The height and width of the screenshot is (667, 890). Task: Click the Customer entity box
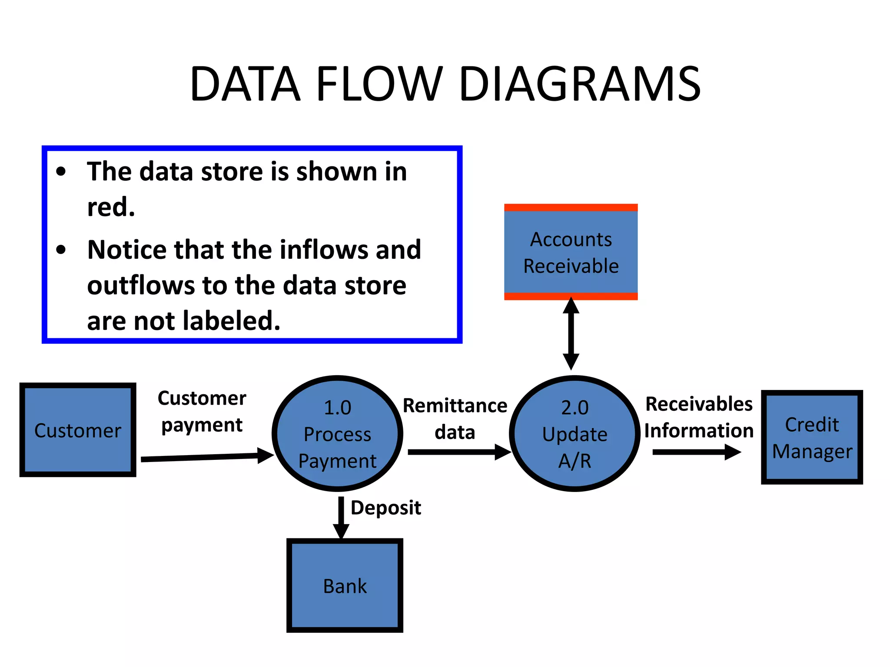(x=78, y=430)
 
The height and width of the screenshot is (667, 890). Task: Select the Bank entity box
(x=345, y=585)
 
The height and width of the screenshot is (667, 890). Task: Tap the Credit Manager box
(x=812, y=437)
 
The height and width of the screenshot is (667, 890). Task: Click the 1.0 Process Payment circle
(x=337, y=433)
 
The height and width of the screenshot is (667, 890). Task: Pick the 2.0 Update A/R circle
(x=575, y=433)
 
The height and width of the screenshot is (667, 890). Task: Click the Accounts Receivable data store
(x=571, y=252)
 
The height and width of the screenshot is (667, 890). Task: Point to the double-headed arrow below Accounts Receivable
(x=571, y=333)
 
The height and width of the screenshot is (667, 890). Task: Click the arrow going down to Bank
(x=341, y=517)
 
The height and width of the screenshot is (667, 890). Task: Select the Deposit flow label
(x=386, y=508)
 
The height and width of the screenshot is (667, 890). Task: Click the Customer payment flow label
(x=202, y=411)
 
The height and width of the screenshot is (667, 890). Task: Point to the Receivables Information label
(x=699, y=417)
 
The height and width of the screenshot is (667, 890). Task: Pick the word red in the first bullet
(x=110, y=207)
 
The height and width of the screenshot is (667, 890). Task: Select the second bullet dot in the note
(x=61, y=250)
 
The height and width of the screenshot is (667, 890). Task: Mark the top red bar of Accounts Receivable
(x=571, y=208)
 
